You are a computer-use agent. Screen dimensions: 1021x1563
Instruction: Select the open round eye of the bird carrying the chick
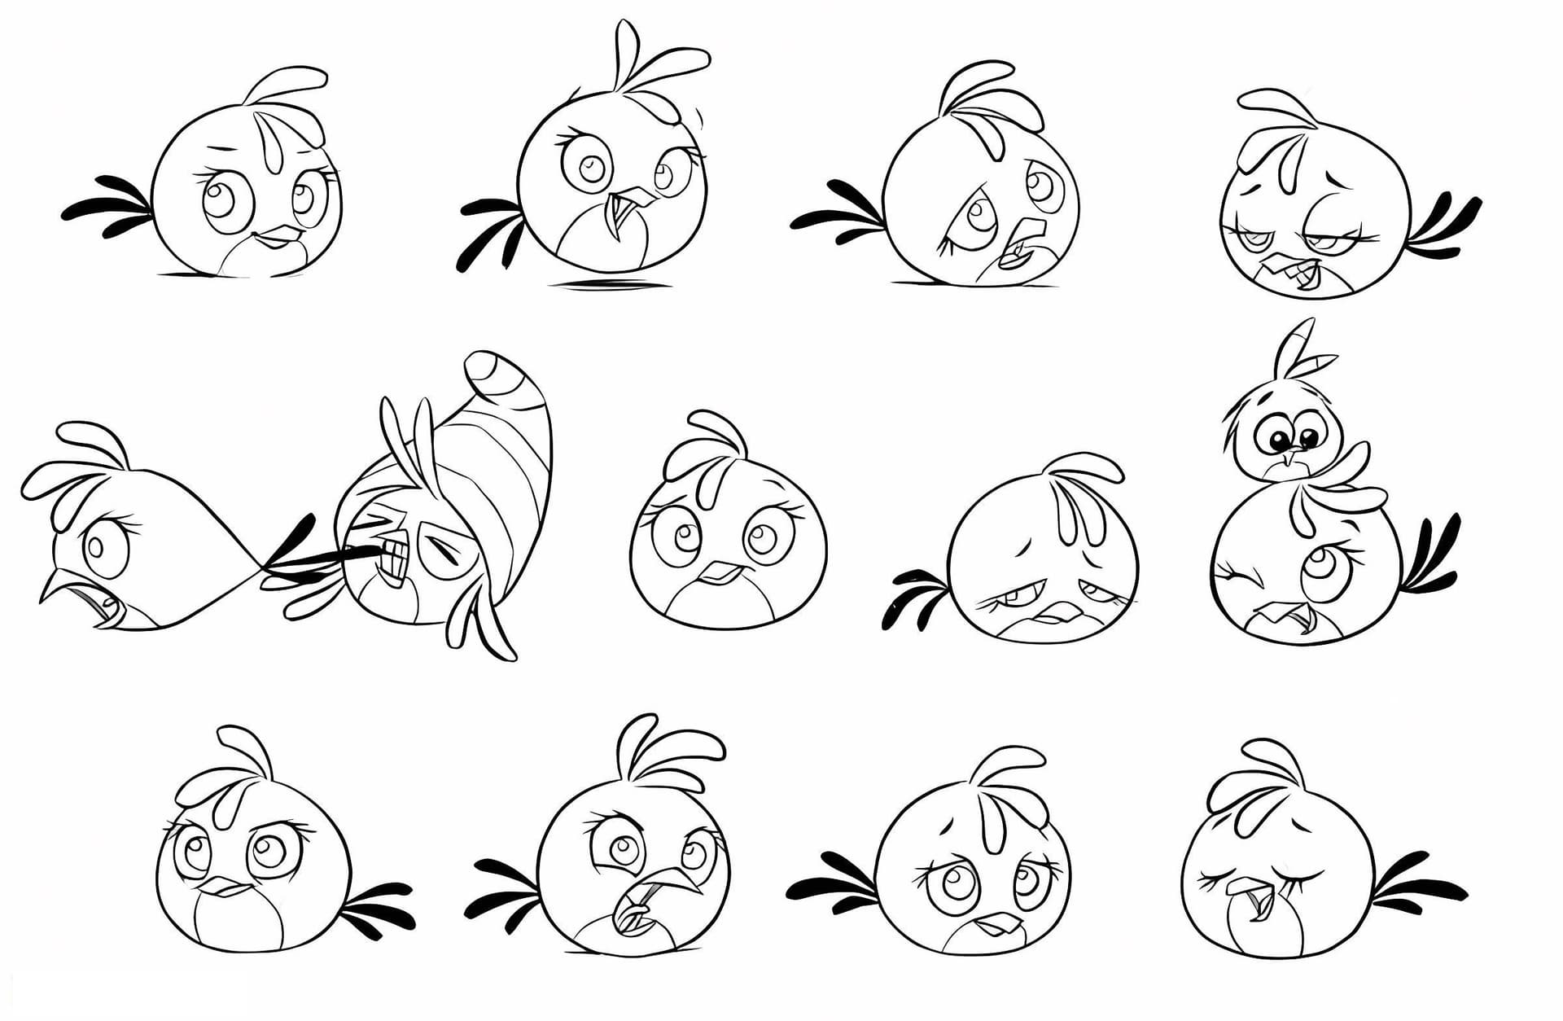pyautogui.click(x=1316, y=571)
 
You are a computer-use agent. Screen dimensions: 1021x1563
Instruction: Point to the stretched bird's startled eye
pyautogui.click(x=103, y=545)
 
